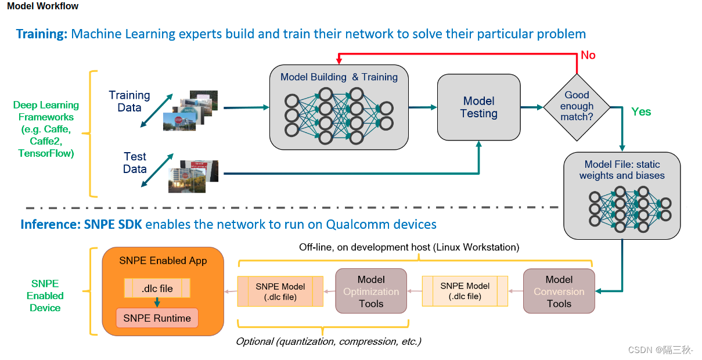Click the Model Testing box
coord(478,107)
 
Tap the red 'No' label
coord(588,55)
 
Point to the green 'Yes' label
coord(641,111)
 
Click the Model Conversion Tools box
coord(559,291)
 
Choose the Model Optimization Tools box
coord(371,291)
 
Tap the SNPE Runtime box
coord(157,318)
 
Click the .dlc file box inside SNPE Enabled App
coord(157,288)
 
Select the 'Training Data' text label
coord(129,101)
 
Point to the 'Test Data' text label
coord(135,163)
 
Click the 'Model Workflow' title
coord(42,6)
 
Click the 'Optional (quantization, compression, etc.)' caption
coord(328,341)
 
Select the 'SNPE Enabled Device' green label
coord(45,296)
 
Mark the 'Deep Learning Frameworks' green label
coord(46,129)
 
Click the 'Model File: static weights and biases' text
coord(622,170)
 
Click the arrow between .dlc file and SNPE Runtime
coord(157,303)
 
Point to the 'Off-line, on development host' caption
coord(409,247)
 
